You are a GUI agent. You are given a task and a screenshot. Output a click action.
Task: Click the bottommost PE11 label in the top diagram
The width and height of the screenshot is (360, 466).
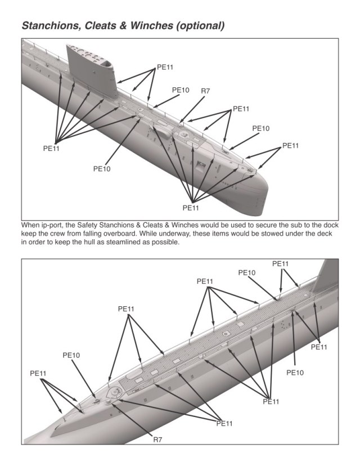pyautogui.click(x=191, y=208)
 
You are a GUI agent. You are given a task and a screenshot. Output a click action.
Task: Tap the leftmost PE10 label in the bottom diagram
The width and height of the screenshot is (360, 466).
pyautogui.click(x=71, y=356)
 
